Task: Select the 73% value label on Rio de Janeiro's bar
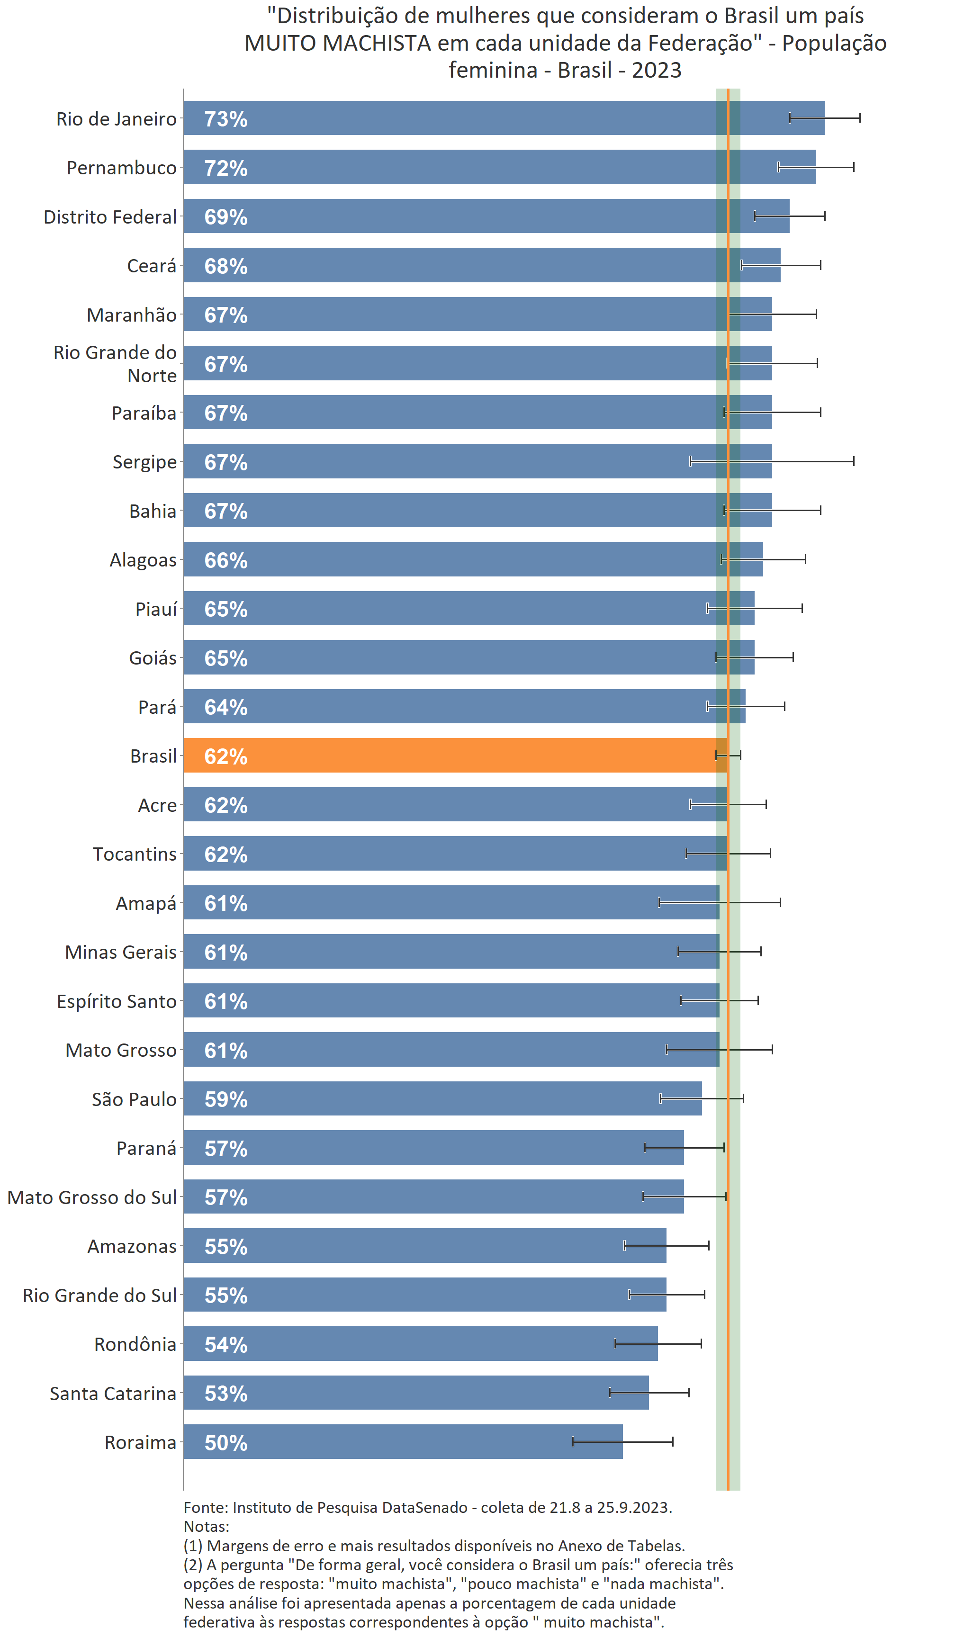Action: pos(225,119)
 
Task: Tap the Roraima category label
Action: pos(140,1442)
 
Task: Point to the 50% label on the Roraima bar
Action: pos(225,1443)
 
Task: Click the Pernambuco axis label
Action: pos(121,168)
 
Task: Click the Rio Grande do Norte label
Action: pos(115,364)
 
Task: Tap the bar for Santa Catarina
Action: pos(416,1393)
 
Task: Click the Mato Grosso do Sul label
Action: pos(91,1197)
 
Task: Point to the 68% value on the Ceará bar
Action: pos(225,266)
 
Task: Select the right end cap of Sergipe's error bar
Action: pos(854,461)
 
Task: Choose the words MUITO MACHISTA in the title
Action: pos(337,43)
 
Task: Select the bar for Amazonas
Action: pos(424,1245)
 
